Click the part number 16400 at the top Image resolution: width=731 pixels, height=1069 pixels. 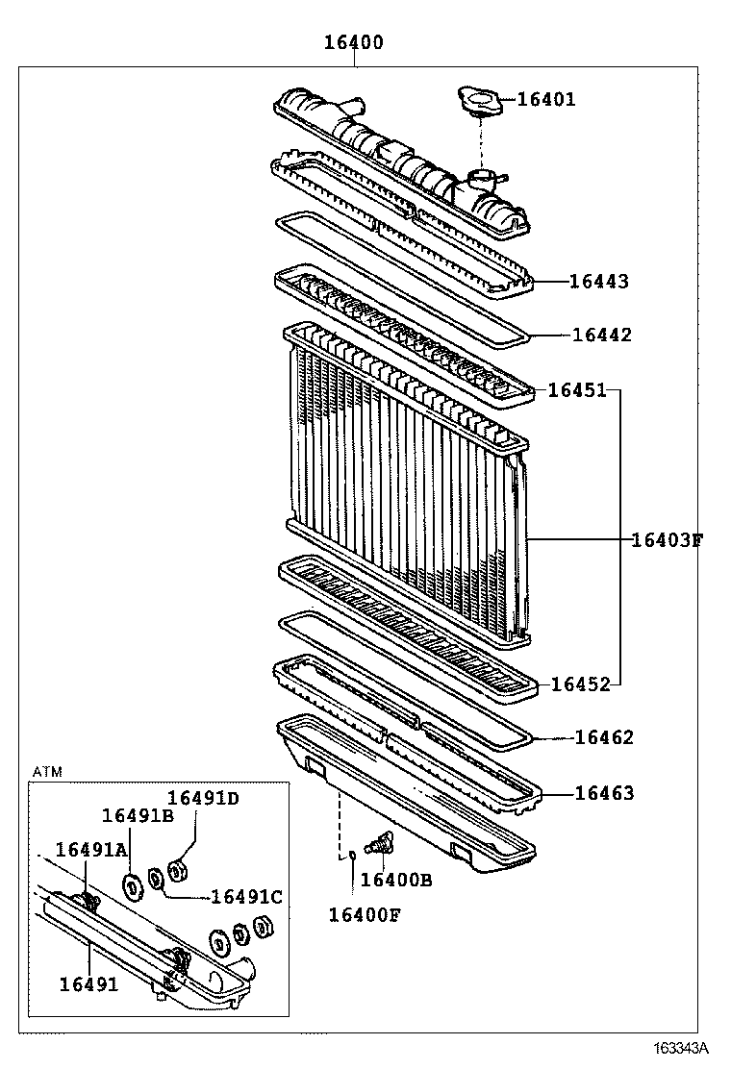point(353,42)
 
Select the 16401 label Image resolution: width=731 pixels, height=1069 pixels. point(546,99)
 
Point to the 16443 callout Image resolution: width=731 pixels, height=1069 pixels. point(598,282)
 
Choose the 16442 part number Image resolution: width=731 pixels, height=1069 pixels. point(601,335)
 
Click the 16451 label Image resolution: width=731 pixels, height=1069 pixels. point(577,390)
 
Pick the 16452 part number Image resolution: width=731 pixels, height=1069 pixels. point(580,684)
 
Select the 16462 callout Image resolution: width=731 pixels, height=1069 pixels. point(604,737)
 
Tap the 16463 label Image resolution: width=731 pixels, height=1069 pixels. point(604,793)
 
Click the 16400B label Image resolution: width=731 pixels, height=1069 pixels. point(396,880)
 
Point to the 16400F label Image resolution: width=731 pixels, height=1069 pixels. point(364,914)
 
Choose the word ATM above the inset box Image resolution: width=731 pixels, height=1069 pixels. point(46,772)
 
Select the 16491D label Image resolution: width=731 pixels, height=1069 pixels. point(203,798)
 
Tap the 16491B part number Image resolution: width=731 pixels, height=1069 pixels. point(138,816)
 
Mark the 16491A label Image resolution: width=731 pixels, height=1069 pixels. point(91,849)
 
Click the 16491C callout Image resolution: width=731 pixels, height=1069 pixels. point(246,897)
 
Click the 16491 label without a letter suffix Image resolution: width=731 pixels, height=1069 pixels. point(88,983)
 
